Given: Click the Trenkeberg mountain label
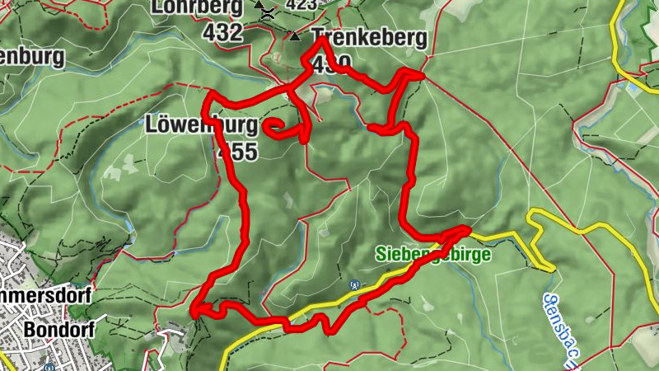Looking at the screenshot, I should click(370, 38).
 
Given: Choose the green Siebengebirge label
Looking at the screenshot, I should click(433, 254).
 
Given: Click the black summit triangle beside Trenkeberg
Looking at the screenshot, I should click(295, 36).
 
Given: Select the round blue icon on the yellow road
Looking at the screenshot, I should click(354, 285).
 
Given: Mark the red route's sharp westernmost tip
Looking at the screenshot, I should click(193, 312).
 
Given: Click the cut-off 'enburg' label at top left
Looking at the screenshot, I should click(33, 59).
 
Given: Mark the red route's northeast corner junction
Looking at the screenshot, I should click(419, 75).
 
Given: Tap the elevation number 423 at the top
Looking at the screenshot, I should click(301, 5).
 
